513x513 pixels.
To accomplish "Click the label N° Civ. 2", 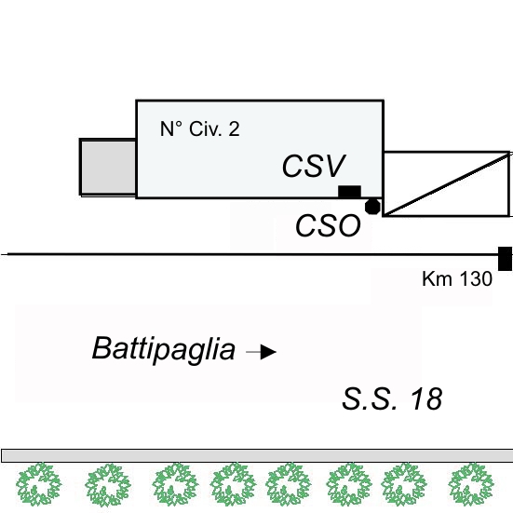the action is point(200,128).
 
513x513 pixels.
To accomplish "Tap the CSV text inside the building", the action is point(314,167).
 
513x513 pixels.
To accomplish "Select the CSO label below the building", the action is point(328,225).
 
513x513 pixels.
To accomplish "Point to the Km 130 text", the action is point(457,278).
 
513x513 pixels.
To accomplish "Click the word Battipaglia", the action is point(164,349).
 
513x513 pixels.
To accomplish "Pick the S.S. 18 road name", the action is point(392,398).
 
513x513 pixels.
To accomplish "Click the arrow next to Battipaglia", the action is point(261,352).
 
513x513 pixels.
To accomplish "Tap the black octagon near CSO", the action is point(372,207).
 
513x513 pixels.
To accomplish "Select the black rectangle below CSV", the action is point(349,192).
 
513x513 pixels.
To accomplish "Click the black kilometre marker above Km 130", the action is point(506,259).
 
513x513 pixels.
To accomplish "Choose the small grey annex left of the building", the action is point(108,168).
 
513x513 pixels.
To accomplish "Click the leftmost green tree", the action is point(39,484).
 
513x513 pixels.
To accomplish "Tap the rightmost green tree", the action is point(471,484).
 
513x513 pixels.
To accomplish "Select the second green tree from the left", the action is point(108,485).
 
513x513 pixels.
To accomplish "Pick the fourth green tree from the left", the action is point(233,484).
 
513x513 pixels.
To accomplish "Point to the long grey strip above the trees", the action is point(257,456).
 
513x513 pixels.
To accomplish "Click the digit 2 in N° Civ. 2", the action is point(235,128).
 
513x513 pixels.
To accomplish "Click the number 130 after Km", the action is point(476,278).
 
